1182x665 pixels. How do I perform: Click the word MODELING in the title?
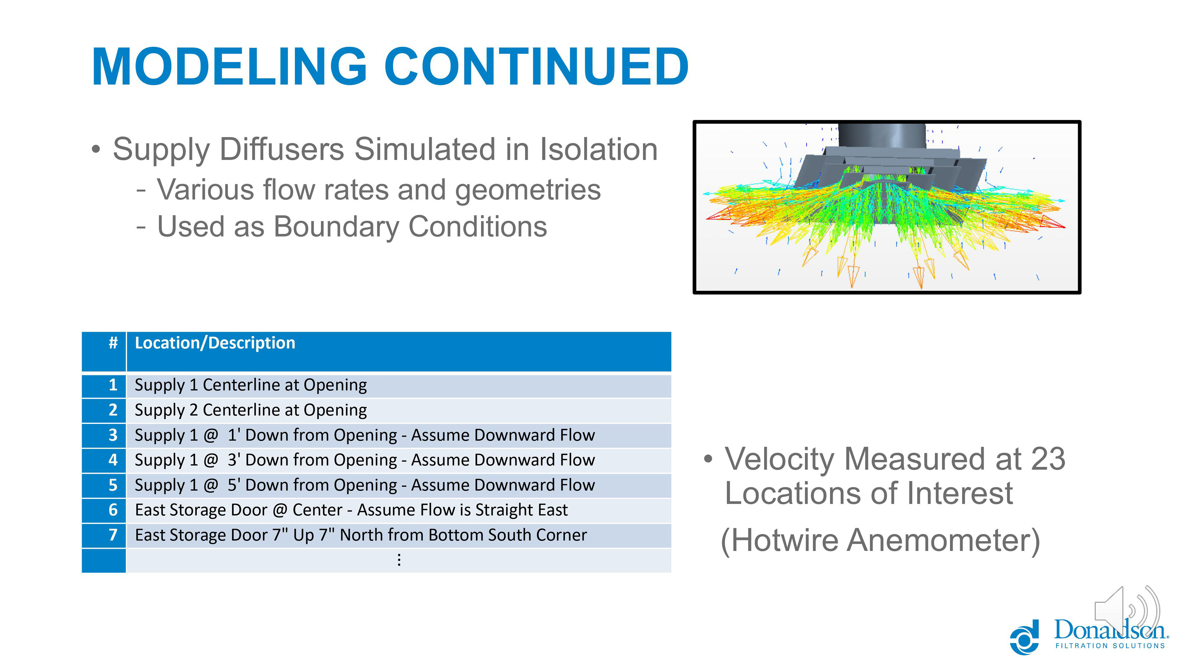click(229, 67)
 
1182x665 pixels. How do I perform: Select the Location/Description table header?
click(215, 343)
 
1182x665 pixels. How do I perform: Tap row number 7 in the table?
click(113, 535)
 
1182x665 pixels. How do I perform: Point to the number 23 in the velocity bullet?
click(1047, 459)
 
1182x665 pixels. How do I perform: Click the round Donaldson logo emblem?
click(1024, 637)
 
